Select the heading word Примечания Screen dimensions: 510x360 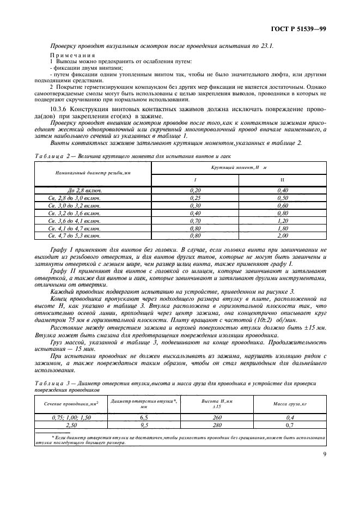(x=74, y=56)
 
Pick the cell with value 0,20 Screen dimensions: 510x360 (x=195, y=190)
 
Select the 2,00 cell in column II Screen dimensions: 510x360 (x=282, y=236)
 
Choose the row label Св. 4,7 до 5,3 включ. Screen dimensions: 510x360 (x=75, y=236)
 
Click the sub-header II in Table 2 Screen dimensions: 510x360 (x=282, y=179)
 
